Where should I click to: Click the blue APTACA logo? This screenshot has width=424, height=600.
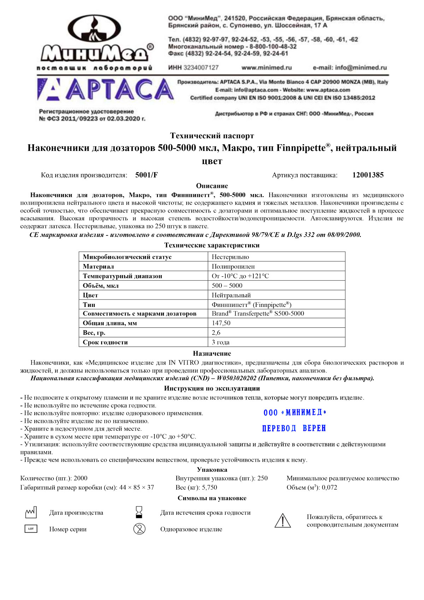pos(105,89)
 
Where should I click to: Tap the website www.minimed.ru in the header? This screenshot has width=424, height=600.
pos(266,68)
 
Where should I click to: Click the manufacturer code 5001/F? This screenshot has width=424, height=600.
pos(146,175)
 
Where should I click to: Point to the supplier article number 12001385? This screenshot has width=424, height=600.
pos(368,175)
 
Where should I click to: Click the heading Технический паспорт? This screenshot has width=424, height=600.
pos(212,136)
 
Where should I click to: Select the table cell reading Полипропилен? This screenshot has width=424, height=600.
pos(233,267)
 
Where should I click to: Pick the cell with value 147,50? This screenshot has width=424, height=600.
pos(221,323)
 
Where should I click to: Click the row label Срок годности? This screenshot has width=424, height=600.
pos(105,342)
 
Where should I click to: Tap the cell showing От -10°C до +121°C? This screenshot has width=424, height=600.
pos(240,276)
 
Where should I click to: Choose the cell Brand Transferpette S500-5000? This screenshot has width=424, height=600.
pos(258,314)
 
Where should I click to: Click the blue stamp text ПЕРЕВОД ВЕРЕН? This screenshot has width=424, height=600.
pos(294,429)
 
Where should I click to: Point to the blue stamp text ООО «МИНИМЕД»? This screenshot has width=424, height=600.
pos(295,413)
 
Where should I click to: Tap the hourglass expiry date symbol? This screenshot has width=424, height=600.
pos(139,512)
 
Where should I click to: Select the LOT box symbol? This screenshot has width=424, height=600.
pos(31,529)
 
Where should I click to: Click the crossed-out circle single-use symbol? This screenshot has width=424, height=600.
pos(139,529)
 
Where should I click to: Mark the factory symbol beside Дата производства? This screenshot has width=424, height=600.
pos(31,512)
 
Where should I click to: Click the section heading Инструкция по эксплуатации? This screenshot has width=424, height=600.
pos(212,389)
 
